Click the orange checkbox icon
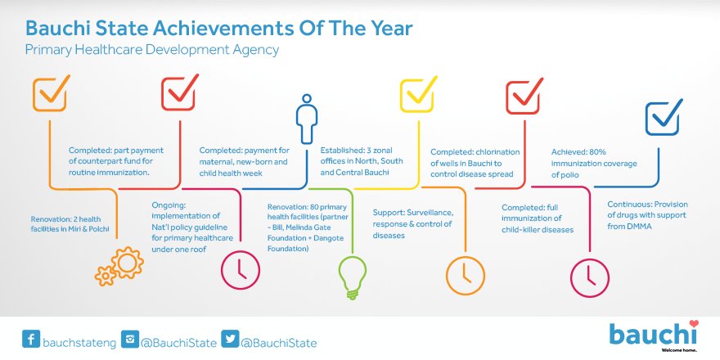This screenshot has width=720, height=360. coord(50,93)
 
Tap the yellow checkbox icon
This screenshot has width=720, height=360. coord(417,95)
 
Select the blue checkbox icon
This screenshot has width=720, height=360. coord(663,118)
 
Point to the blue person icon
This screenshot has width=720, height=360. coord(307,119)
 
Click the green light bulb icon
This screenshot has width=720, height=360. coord(353,277)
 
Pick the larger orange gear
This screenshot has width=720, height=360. coord(127,263)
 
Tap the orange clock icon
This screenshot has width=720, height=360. coord(466,276)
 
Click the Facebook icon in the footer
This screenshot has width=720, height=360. coord(31,340)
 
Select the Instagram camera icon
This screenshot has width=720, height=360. coord(130,340)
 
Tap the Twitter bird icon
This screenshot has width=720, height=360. coord(230,340)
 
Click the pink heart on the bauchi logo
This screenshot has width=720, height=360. coord(693,324)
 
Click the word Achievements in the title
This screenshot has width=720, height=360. coord(223,29)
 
